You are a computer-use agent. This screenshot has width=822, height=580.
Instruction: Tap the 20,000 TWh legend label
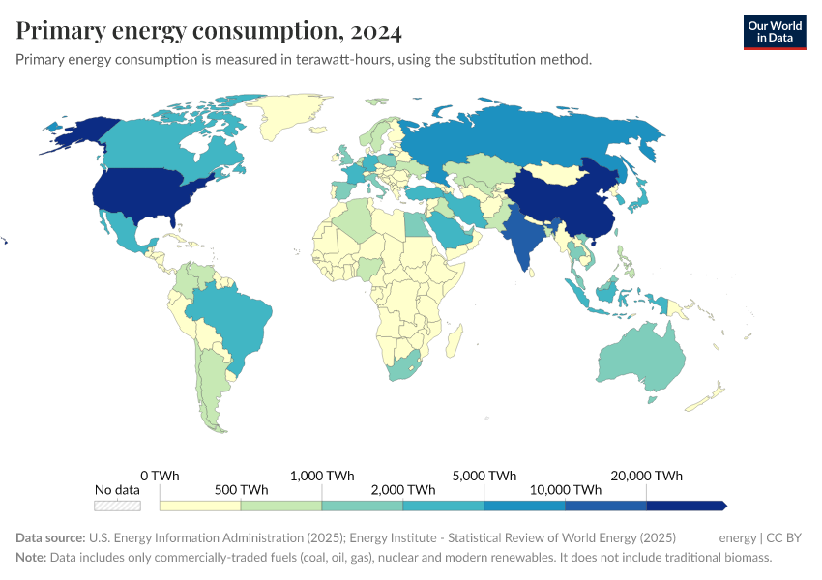click(x=646, y=476)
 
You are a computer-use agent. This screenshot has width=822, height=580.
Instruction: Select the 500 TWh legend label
click(x=241, y=490)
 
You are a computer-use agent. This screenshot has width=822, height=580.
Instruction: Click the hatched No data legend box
click(x=117, y=506)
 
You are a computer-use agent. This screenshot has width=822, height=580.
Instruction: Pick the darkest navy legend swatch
click(x=685, y=506)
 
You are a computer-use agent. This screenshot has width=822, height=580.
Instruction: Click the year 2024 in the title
click(x=377, y=31)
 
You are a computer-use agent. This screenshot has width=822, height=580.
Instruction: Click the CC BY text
click(x=784, y=537)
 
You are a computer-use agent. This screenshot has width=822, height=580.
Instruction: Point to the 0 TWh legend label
click(x=160, y=476)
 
